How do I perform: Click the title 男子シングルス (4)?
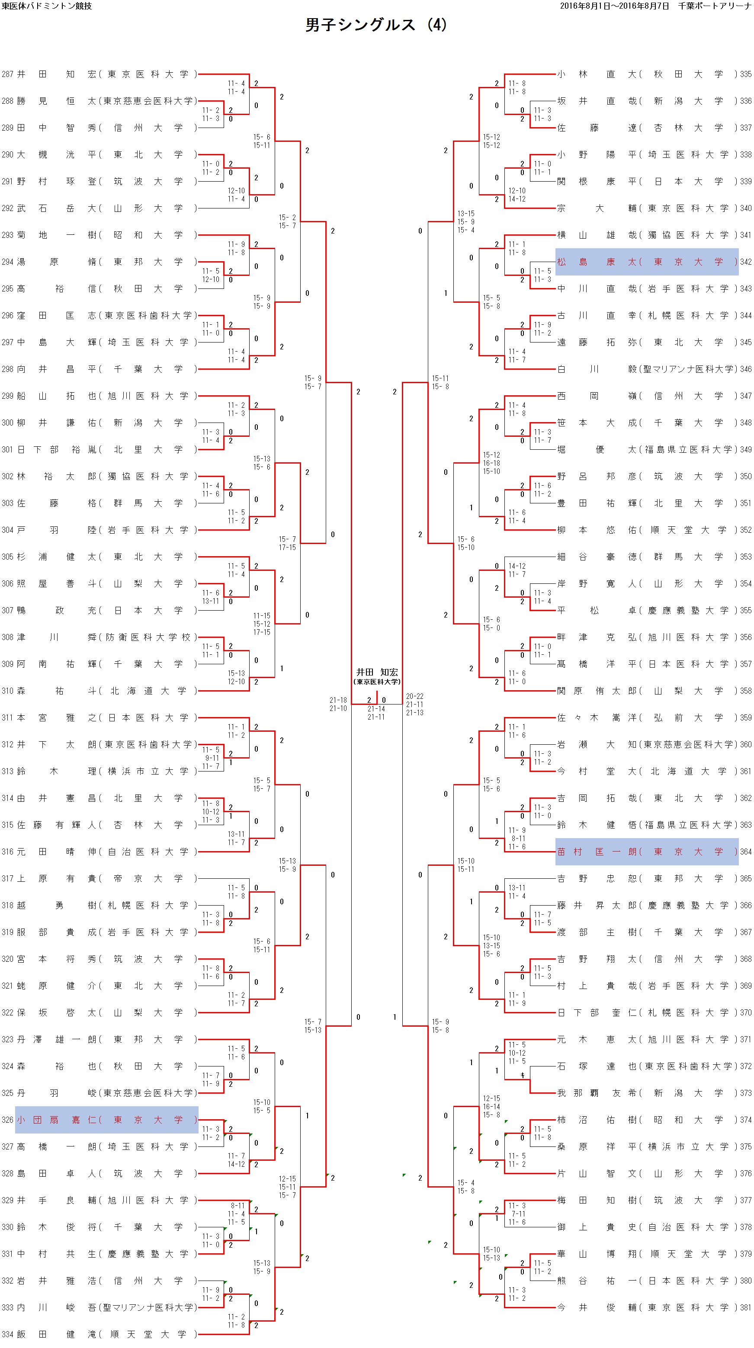pos(376,25)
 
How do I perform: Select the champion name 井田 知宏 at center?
pos(377,672)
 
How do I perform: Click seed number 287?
pos(7,74)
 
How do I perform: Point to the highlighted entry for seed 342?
pos(647,262)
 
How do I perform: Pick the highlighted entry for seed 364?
pos(647,852)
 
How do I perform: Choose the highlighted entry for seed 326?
pos(107,1120)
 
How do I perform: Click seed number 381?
pos(746,1308)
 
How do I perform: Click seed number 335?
pos(746,74)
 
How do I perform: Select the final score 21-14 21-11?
pos(376,713)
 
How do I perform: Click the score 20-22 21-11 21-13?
pos(415,704)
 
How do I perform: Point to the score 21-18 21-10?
pos(338,704)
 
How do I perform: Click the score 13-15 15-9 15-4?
pos(466,222)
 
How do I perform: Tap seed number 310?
pos(7,691)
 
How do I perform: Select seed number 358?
pos(746,691)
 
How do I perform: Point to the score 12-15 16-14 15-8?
pos(491,1107)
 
